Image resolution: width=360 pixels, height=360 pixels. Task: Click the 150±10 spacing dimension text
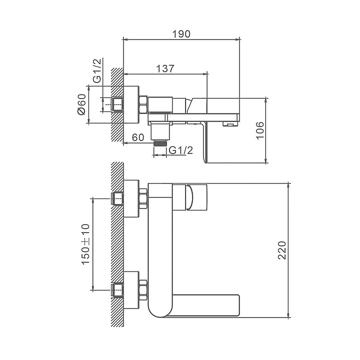(84, 244)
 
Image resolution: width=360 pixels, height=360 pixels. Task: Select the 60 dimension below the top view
(137, 137)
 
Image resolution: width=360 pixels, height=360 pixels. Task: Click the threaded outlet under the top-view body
(160, 143)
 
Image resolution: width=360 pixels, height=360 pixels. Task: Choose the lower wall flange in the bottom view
(131, 290)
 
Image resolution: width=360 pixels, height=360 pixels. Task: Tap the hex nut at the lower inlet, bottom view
(143, 290)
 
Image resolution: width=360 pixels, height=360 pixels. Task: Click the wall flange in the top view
(131, 104)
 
